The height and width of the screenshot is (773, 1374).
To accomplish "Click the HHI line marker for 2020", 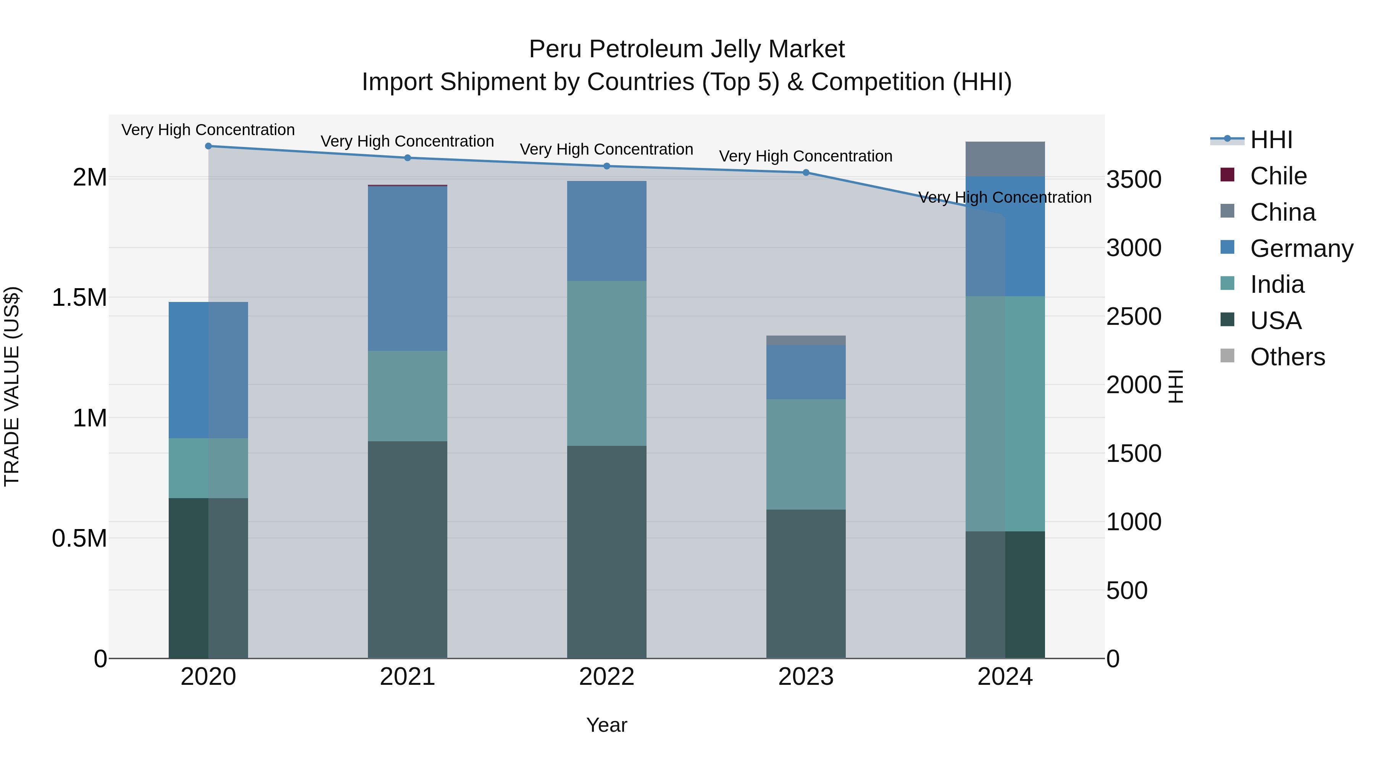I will [208, 146].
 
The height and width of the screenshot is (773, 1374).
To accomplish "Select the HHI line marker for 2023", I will [806, 172].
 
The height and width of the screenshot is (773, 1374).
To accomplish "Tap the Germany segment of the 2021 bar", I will [408, 268].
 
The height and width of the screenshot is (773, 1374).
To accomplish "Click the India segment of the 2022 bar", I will [606, 363].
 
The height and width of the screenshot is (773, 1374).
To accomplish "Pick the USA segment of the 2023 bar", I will [806, 584].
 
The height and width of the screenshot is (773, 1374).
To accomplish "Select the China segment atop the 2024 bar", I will [1005, 159].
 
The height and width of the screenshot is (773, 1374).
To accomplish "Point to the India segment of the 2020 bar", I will [208, 468].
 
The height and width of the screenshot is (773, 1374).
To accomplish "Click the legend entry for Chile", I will [1278, 176].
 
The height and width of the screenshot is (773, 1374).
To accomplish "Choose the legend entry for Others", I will [1287, 357].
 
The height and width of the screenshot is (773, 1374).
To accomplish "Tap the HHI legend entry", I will [1271, 140].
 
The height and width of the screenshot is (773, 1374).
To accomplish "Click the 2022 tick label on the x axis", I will [606, 677].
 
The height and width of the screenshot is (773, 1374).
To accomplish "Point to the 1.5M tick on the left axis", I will [79, 298].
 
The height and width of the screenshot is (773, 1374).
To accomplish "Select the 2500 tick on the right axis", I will [1134, 316].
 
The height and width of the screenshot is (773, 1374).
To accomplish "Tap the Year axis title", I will [606, 725].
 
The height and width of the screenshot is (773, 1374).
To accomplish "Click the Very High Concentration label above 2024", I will [1005, 197].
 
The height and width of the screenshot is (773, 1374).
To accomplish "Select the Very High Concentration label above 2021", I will [408, 141].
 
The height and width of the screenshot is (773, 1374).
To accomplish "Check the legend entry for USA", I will [1275, 321].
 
